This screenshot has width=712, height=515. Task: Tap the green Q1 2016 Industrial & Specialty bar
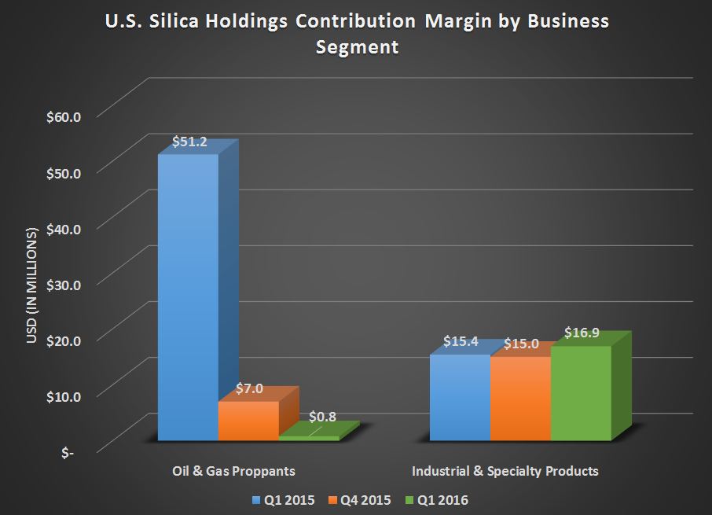[x=581, y=392]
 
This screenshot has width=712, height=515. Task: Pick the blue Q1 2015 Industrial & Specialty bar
[x=460, y=397]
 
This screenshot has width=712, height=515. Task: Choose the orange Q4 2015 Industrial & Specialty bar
[x=520, y=398]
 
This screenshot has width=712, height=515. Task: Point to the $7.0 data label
[x=249, y=388]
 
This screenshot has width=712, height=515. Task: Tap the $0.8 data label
[x=323, y=416]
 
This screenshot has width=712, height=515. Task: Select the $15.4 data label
[x=460, y=342]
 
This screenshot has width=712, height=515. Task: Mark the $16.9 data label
[x=582, y=333]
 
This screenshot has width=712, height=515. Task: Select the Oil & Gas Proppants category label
[x=233, y=471]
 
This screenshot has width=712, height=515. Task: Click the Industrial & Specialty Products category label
[x=505, y=471]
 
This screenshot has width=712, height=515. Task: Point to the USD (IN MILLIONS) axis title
[x=32, y=288]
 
